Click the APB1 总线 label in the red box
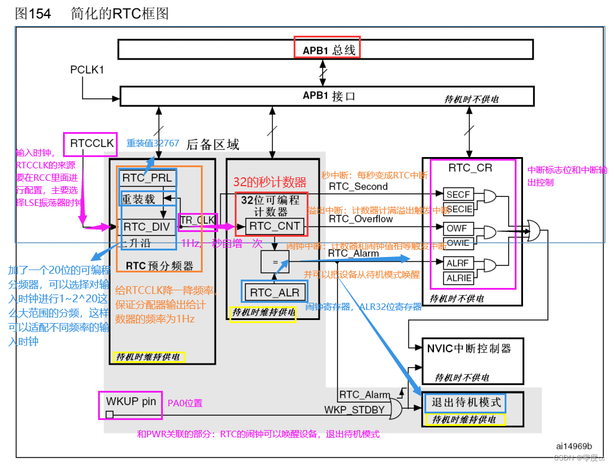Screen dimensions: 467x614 [x=326, y=48]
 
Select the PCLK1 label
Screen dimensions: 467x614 [x=87, y=70]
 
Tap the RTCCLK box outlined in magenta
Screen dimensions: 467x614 [x=90, y=143]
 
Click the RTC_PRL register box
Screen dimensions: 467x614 [x=147, y=178]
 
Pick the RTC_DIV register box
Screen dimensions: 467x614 [x=147, y=227]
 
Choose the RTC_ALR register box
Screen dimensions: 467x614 [x=275, y=292]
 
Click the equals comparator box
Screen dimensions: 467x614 [x=275, y=261]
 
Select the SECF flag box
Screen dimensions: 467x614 [x=458, y=194]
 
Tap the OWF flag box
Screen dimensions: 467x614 [x=458, y=228]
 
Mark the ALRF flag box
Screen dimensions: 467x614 [x=458, y=263]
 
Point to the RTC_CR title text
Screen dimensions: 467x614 [x=470, y=168]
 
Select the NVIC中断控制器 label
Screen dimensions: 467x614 [x=469, y=347]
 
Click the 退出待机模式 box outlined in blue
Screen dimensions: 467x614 [x=464, y=403]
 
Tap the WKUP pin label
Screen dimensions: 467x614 [x=131, y=402]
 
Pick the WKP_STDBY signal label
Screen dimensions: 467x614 [x=354, y=410]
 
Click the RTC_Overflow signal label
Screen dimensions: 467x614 [x=361, y=219]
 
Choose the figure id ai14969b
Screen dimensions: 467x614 [x=574, y=446]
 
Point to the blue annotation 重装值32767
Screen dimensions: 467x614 [x=153, y=143]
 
